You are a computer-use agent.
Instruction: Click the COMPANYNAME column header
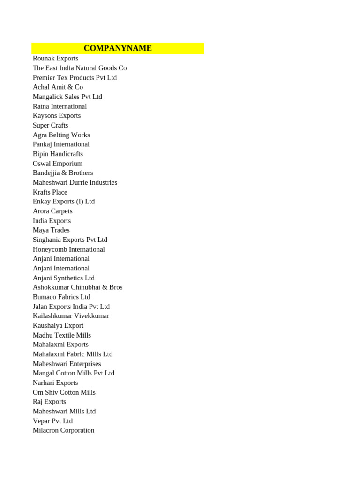click(118, 48)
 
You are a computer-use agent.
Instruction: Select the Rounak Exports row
click(55, 59)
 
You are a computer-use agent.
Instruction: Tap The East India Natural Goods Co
click(80, 68)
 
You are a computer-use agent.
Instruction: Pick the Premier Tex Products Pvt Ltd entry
click(75, 78)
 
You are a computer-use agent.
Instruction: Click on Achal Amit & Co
click(58, 87)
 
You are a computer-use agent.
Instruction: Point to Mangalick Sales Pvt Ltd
click(67, 97)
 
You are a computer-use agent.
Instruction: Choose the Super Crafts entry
click(50, 125)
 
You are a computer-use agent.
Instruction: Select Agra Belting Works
click(61, 135)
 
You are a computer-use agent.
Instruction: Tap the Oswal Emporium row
click(57, 164)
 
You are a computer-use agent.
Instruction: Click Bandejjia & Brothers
click(63, 173)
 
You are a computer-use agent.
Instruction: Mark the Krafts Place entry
click(50, 192)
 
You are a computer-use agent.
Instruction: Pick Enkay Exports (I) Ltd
click(63, 202)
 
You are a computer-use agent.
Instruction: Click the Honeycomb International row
click(68, 249)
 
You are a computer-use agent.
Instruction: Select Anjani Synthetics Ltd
click(63, 278)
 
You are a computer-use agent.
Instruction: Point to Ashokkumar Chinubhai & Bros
click(77, 287)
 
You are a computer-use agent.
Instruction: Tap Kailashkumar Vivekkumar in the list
click(71, 316)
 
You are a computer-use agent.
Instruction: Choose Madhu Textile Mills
click(61, 335)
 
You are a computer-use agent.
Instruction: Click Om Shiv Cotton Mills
click(64, 392)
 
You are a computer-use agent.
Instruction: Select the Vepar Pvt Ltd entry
click(52, 421)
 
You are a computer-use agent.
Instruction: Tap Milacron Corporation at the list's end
click(63, 430)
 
